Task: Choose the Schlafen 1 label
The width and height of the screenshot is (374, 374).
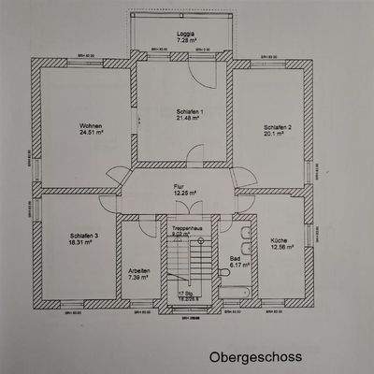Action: click(x=189, y=111)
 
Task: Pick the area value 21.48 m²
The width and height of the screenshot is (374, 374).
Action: click(x=189, y=119)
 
